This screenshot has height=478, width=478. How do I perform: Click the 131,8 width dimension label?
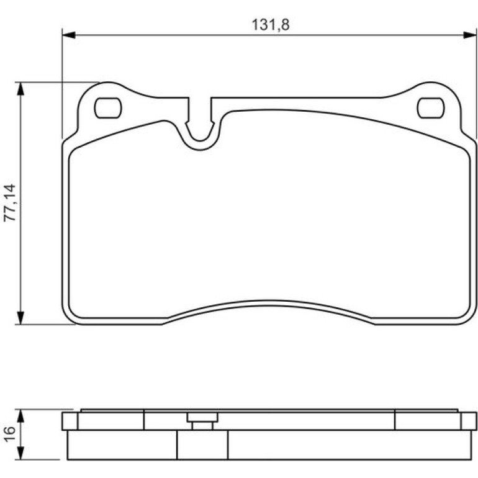point(271,25)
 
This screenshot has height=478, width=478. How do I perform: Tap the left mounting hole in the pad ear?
point(108,108)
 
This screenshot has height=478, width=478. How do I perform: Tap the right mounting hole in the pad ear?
point(430,108)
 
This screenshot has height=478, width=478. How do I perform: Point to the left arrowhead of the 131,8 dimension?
point(68,35)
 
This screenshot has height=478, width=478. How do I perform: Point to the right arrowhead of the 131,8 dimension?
point(470,35)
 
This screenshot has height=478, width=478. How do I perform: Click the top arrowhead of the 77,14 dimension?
point(20,89)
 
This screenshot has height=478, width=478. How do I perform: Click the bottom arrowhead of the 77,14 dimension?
point(20,318)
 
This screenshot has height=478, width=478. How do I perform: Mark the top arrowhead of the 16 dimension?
point(20,416)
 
